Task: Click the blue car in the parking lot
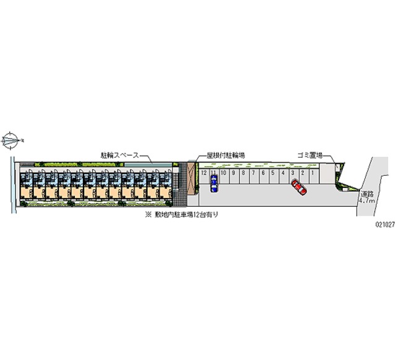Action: (213, 184)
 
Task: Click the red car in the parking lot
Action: (299, 187)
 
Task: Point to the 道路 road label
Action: (368, 192)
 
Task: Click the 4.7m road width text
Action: (368, 200)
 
